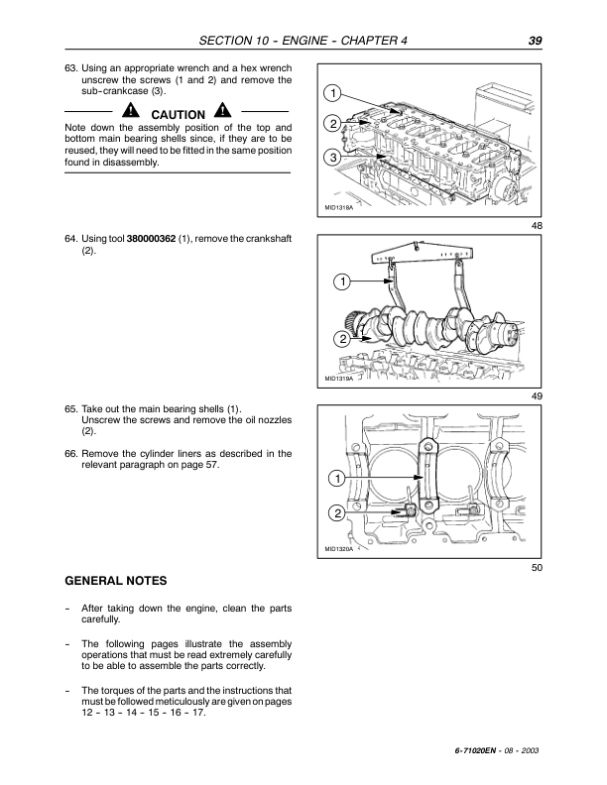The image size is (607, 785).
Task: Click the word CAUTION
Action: tap(178, 115)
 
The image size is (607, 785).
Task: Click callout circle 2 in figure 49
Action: tap(340, 339)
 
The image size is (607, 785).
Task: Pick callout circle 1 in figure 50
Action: tap(335, 480)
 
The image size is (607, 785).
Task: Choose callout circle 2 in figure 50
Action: tap(335, 513)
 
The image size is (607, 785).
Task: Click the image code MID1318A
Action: tap(339, 208)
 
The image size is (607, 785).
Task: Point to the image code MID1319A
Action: tap(339, 378)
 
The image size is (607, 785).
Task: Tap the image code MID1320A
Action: tap(339, 548)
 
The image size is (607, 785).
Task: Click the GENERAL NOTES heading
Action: tap(115, 580)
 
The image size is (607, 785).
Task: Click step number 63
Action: tap(69, 67)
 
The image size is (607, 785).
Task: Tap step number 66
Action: tap(69, 454)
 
